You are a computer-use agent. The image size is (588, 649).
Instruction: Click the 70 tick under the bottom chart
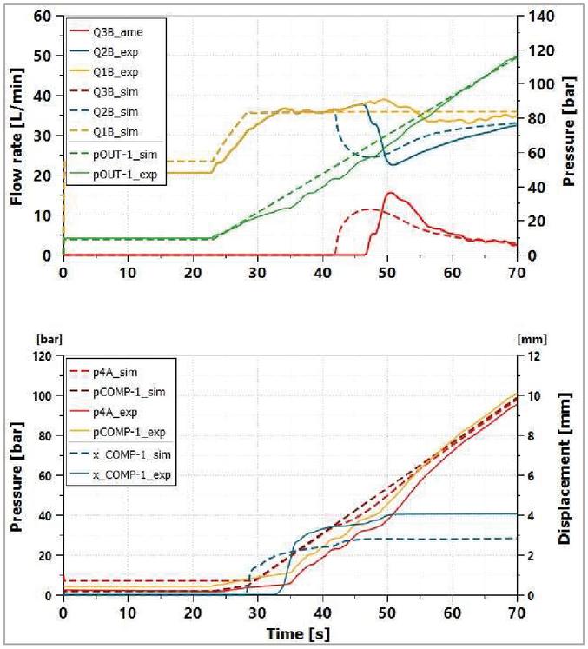(517, 612)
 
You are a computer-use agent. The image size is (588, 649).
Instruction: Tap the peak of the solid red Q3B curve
(391, 193)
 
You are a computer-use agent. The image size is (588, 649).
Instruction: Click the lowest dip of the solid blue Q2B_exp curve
(392, 164)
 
